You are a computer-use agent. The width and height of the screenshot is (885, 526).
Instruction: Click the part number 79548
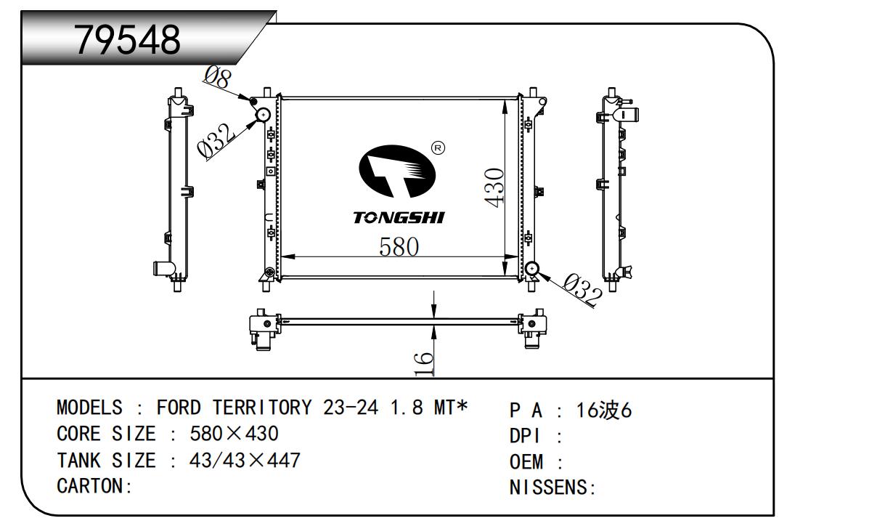tap(128, 41)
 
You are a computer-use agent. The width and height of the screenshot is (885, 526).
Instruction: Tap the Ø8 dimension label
tap(217, 77)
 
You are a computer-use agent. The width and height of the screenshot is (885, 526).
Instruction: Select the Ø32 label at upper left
tap(216, 139)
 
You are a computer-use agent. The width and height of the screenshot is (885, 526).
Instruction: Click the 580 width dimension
tap(399, 247)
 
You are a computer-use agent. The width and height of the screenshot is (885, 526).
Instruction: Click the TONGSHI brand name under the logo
tap(399, 218)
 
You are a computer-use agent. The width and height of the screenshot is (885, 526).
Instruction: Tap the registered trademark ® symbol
tap(438, 148)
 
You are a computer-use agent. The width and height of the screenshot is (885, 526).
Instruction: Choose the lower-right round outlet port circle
tap(532, 269)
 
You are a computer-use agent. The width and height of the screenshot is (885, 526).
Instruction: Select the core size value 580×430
tap(234, 434)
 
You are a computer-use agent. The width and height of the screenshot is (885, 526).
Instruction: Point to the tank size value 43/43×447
tap(245, 460)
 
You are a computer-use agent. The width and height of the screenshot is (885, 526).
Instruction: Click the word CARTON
tap(91, 486)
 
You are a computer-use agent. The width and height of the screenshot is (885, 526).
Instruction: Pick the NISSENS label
tap(549, 487)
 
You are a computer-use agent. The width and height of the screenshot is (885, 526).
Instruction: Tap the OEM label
tap(526, 462)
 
